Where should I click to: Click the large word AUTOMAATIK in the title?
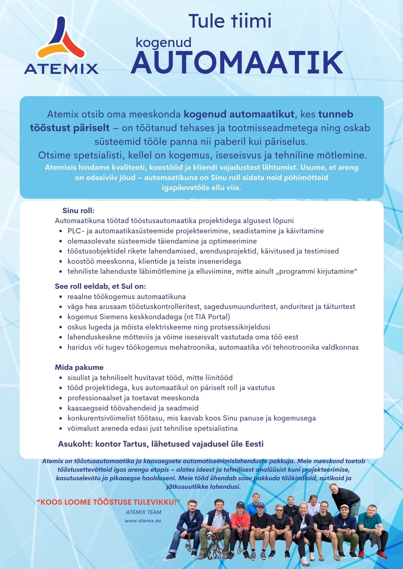click(x=237, y=63)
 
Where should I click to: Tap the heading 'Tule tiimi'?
click(x=230, y=21)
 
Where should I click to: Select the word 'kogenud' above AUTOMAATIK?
click(x=163, y=43)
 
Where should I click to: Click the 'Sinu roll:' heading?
click(x=78, y=211)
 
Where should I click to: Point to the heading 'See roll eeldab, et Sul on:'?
click(x=100, y=286)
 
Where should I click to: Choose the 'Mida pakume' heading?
click(x=79, y=367)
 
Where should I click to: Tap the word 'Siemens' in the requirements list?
click(x=114, y=317)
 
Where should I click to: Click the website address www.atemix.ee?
click(x=143, y=521)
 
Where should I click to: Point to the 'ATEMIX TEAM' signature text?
click(x=143, y=512)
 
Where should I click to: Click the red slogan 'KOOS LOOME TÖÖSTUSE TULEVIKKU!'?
click(x=108, y=502)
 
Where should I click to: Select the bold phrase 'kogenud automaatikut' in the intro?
click(x=239, y=114)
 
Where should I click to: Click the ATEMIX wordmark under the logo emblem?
click(x=61, y=69)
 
